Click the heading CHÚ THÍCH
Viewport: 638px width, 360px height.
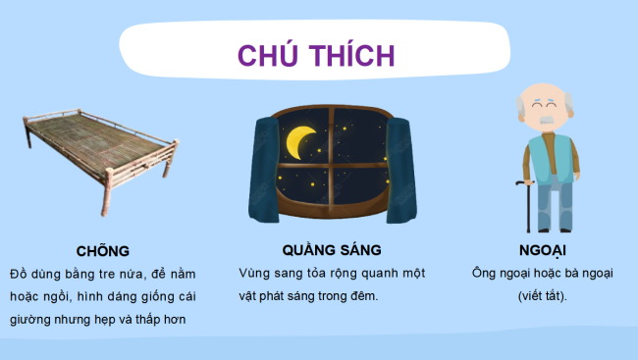point(316,55)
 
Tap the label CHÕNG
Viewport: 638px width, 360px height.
point(102,250)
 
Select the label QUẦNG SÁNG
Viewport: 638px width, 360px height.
point(331,250)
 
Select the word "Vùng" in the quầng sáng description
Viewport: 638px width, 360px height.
point(254,273)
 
